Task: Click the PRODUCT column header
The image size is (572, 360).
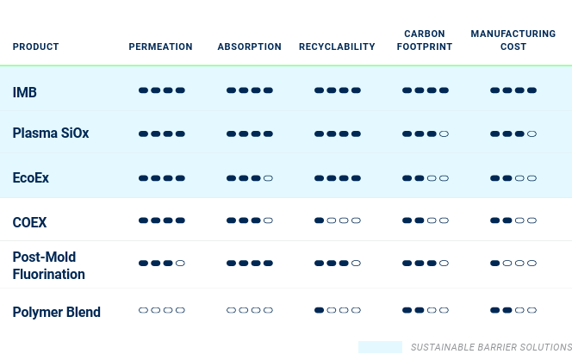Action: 36,47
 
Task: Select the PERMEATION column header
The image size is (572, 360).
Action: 160,47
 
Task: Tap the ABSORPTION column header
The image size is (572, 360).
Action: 250,47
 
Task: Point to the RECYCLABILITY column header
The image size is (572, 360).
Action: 337,47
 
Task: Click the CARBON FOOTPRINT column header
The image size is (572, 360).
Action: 425,40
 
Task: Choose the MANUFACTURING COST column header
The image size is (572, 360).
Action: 513,40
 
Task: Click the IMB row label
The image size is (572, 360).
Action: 25,92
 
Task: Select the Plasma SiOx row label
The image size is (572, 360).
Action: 51,133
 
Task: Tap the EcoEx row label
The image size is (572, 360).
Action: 31,178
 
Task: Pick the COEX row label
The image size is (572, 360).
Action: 29,222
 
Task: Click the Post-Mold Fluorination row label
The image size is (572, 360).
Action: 49,265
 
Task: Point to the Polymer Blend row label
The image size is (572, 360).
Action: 57,313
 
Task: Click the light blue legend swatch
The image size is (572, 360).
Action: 380,347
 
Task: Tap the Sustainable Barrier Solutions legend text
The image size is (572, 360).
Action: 491,347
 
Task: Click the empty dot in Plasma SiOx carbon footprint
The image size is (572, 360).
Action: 444,133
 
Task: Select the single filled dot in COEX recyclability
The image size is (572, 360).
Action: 320,220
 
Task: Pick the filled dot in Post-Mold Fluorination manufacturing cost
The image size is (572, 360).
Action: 495,263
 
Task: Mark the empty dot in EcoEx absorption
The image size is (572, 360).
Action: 268,178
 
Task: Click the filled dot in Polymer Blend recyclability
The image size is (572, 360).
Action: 320,310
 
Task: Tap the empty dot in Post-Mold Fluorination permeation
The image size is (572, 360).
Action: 180,263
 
